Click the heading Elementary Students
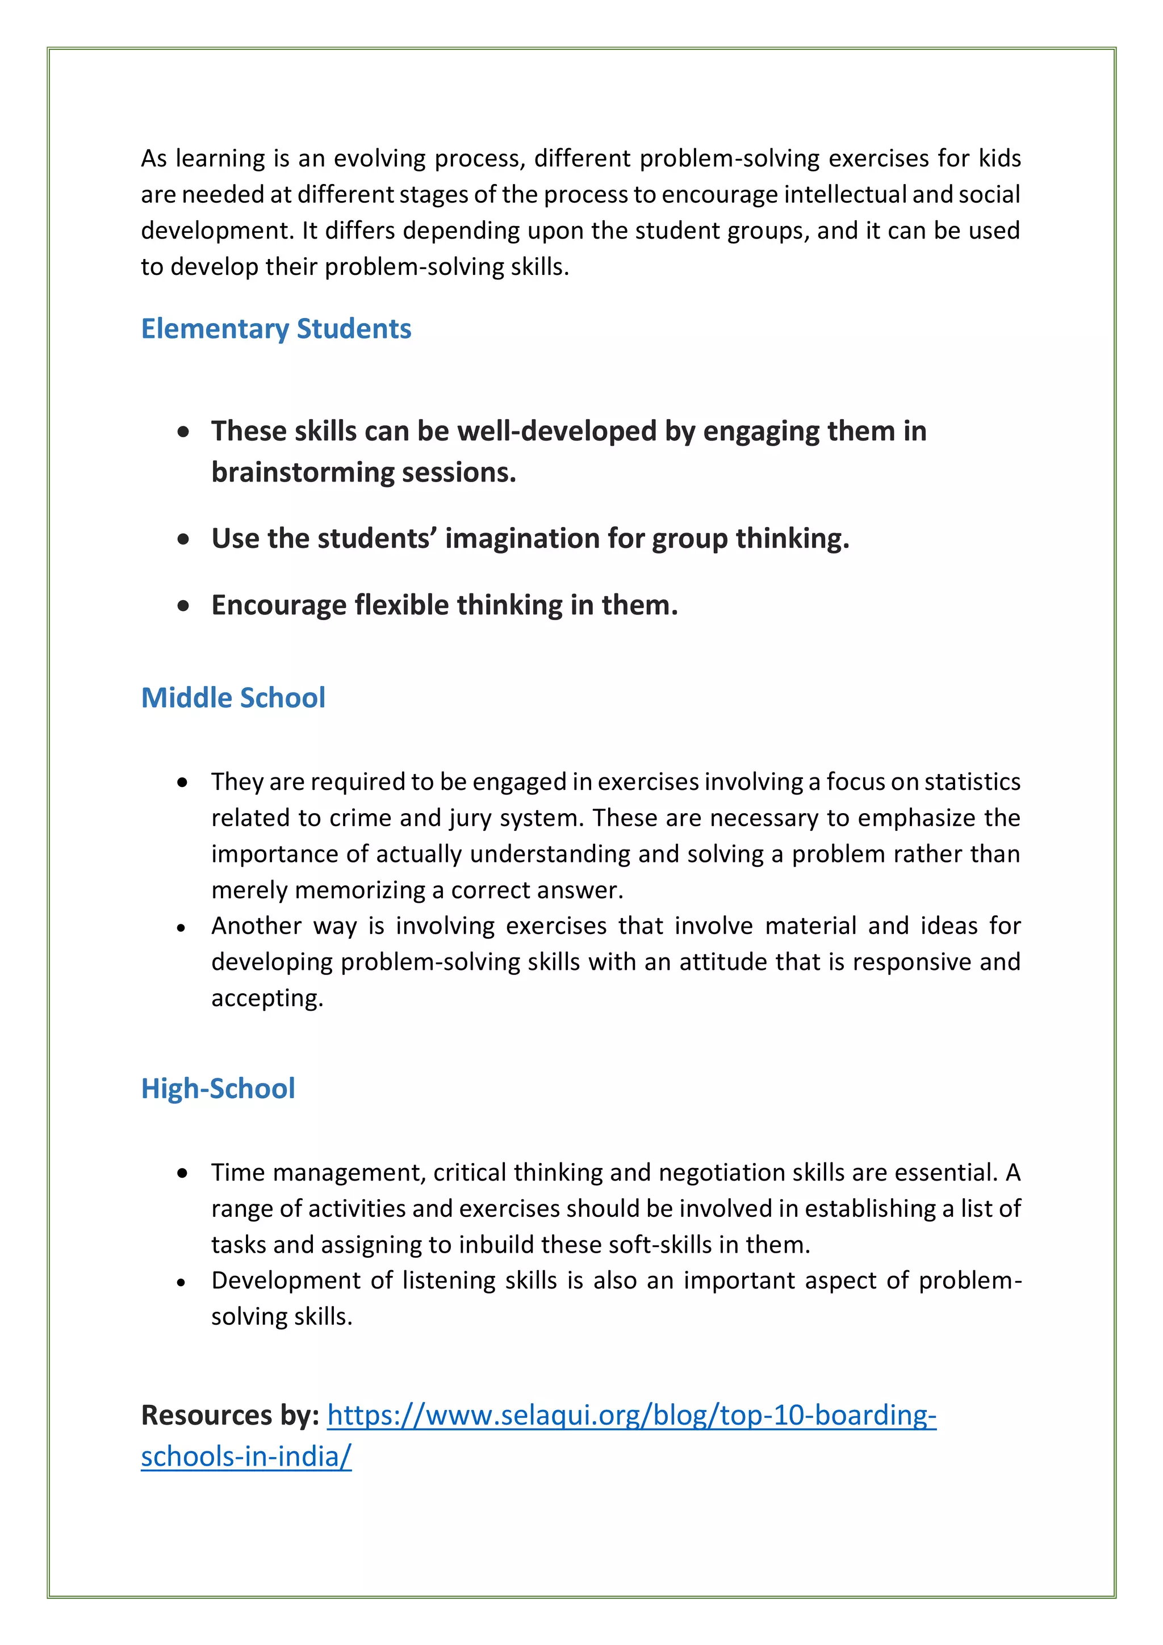[276, 329]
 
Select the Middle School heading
[233, 698]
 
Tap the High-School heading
[218, 1089]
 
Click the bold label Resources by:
[230, 1416]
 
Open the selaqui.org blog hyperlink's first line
[631, 1416]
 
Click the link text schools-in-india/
[246, 1456]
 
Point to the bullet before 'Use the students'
[183, 539]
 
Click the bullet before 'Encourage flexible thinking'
[183, 606]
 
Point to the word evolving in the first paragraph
[378, 158]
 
